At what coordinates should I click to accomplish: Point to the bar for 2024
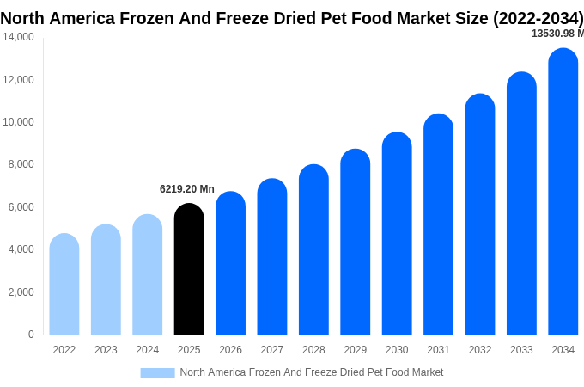[x=148, y=274]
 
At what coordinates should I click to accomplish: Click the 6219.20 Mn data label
[x=187, y=189]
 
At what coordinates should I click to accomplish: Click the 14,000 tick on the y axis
[x=18, y=37]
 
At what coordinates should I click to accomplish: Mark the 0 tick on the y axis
[x=31, y=335]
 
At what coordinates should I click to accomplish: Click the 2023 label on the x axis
[x=106, y=350]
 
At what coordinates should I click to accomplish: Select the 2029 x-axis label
[x=355, y=350]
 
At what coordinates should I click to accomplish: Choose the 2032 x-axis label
[x=480, y=350]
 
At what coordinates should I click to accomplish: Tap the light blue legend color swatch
[x=157, y=372]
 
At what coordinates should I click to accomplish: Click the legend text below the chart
[x=312, y=372]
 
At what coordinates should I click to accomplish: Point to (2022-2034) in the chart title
[x=538, y=18]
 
